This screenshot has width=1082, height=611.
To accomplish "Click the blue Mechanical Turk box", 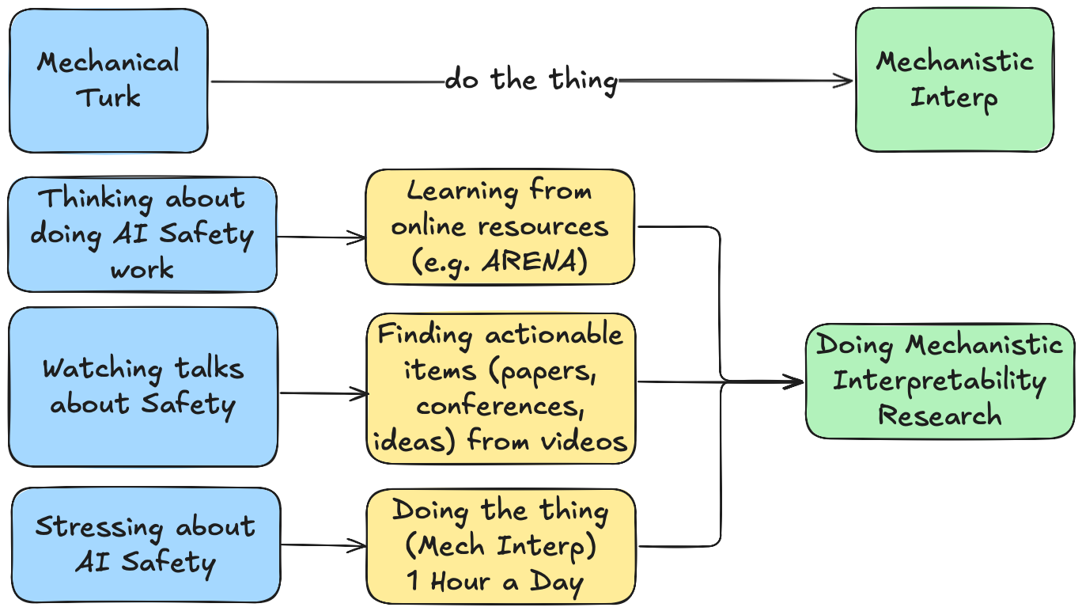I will (x=108, y=80).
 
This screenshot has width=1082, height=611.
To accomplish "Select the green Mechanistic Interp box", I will (x=954, y=80).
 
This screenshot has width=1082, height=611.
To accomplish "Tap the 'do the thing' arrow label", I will (x=531, y=80).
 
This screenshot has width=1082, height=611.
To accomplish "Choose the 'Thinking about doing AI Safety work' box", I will (x=142, y=234).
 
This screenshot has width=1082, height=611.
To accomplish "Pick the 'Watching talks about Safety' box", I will (x=143, y=387).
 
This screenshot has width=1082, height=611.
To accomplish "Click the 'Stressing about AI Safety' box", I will (x=146, y=545).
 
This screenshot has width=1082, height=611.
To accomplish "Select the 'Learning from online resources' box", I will (x=500, y=226).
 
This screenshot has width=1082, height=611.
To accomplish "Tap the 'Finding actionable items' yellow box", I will (x=501, y=388).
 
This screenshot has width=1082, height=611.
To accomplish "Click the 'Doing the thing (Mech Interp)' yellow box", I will (x=501, y=546).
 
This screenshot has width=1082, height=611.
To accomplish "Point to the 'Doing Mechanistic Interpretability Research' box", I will (x=940, y=381).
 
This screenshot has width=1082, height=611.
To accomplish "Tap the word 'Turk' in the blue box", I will (x=108, y=98).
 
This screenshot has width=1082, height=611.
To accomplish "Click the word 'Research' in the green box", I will (x=940, y=416).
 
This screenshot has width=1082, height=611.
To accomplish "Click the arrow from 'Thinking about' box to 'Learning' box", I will (x=321, y=237).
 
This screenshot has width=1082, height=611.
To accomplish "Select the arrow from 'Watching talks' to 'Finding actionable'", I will (x=323, y=393).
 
